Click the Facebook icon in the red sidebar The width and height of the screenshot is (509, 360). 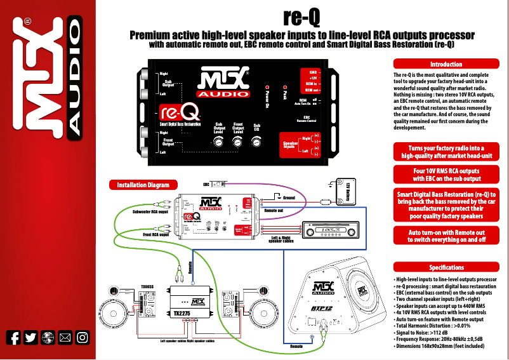point(13,338)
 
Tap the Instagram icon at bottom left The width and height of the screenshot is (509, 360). point(82,338)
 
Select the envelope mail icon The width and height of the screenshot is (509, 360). point(65,338)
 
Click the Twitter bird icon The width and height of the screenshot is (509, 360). point(30,338)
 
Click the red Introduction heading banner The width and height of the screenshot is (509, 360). point(446,64)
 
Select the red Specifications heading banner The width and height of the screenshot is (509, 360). point(446,267)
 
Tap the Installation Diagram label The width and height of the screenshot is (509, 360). point(143,185)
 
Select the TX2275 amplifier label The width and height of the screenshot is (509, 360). point(183,314)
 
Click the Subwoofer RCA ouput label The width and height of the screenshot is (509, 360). point(150,212)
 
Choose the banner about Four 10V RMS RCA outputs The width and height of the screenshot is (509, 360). point(446,175)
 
